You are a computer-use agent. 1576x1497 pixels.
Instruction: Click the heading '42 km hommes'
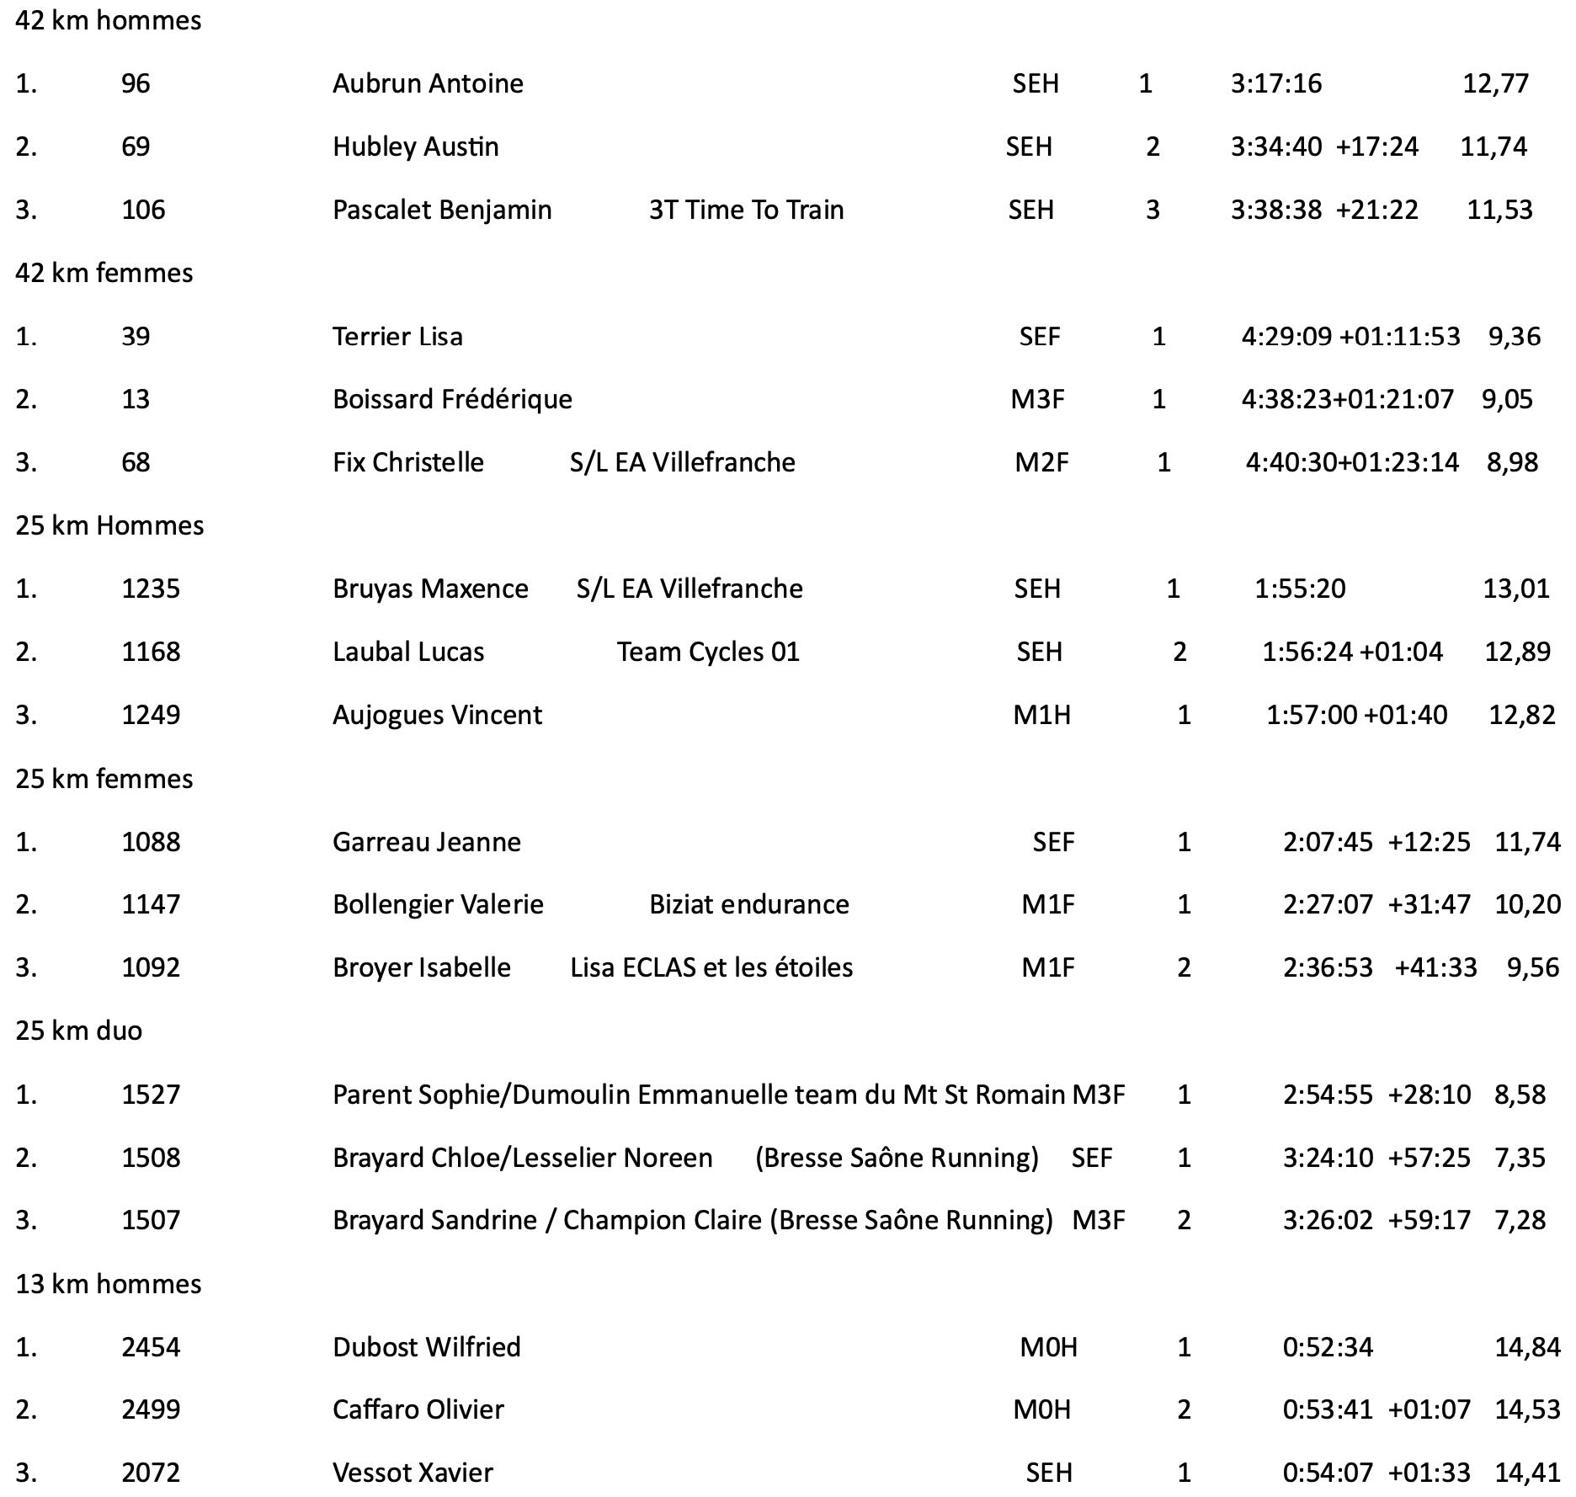coord(109,20)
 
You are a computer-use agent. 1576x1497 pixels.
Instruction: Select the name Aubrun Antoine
coord(428,83)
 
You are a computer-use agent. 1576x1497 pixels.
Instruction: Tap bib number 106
coord(143,210)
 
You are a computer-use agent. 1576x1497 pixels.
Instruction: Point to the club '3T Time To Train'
coord(746,210)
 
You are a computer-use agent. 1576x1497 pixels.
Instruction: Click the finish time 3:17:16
coord(1276,83)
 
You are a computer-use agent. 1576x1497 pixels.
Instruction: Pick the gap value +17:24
coord(1376,147)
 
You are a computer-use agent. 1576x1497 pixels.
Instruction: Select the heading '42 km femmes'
coord(104,273)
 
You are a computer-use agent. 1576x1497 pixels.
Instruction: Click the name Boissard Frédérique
coord(452,399)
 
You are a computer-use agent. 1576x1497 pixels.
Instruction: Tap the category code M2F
coord(1041,462)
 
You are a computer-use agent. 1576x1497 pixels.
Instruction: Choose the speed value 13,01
coord(1515,589)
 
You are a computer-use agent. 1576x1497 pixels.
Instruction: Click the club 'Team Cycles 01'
coord(708,652)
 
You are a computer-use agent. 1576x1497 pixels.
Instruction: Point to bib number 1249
coord(151,715)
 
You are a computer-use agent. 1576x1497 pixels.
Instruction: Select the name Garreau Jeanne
coord(427,842)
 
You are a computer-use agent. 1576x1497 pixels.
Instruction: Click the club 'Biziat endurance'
coord(748,904)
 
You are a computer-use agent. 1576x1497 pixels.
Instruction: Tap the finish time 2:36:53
coord(1328,967)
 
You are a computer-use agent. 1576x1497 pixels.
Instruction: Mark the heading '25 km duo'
coord(79,1031)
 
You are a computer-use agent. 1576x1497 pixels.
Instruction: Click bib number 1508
coord(151,1158)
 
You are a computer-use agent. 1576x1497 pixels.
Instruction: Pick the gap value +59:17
coord(1429,1220)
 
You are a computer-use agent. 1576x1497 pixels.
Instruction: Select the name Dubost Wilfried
coord(427,1347)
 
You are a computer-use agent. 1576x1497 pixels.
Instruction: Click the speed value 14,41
coord(1527,1473)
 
